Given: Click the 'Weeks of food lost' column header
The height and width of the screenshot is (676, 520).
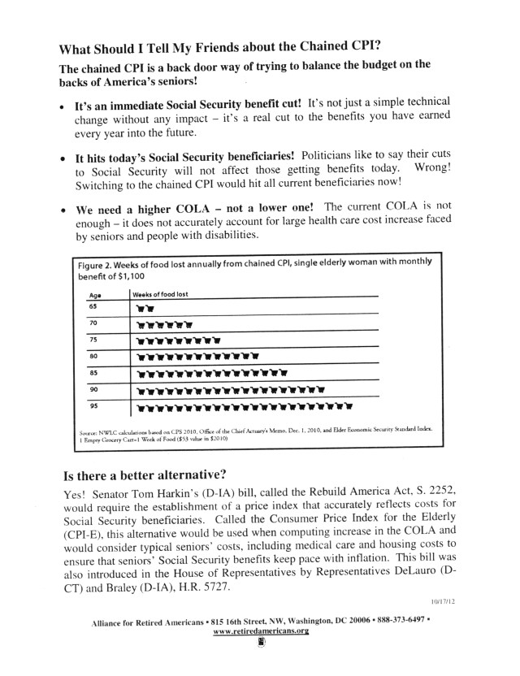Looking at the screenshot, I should coord(159,294).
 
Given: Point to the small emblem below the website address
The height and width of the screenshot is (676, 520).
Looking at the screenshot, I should coord(262,644).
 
